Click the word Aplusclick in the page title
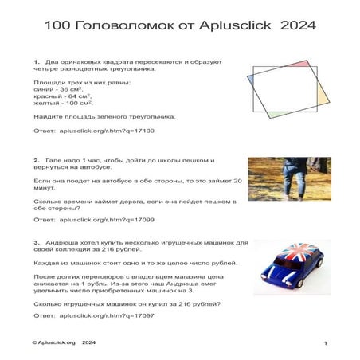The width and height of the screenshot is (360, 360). coord(244,25)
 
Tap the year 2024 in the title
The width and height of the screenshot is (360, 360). coord(299,25)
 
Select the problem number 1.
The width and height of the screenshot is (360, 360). coord(37,61)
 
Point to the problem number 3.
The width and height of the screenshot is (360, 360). coord(37,242)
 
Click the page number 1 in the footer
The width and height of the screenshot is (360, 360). coord(326,342)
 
